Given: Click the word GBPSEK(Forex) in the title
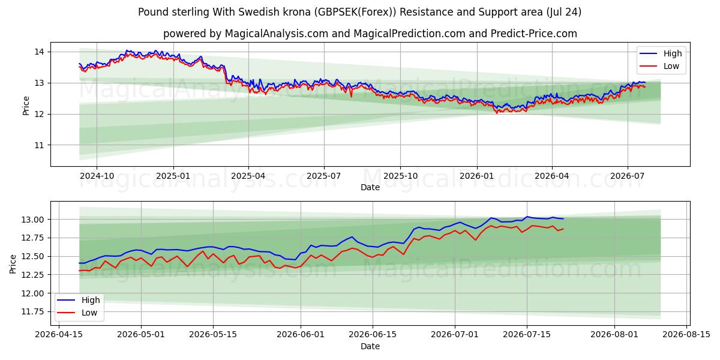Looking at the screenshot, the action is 355,12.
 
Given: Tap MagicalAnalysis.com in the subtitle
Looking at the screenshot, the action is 277,34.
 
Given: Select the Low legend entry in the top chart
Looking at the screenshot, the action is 659,66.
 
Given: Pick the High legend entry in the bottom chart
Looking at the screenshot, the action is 79,300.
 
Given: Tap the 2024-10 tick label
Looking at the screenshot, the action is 97,176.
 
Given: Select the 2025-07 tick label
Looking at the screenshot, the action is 323,176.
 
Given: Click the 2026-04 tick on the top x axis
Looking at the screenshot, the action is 552,176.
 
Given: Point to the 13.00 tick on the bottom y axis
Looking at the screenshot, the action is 32,220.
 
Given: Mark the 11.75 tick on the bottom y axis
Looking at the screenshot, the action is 32,312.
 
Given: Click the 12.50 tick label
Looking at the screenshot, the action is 32,257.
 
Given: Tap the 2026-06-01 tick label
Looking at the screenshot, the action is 301,335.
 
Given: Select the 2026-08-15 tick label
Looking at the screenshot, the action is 686,335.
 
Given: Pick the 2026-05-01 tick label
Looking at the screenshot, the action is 141,335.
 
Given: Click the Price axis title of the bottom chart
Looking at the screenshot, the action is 13,264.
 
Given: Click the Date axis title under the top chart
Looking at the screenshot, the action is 370,187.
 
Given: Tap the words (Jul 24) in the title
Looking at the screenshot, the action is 564,12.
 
